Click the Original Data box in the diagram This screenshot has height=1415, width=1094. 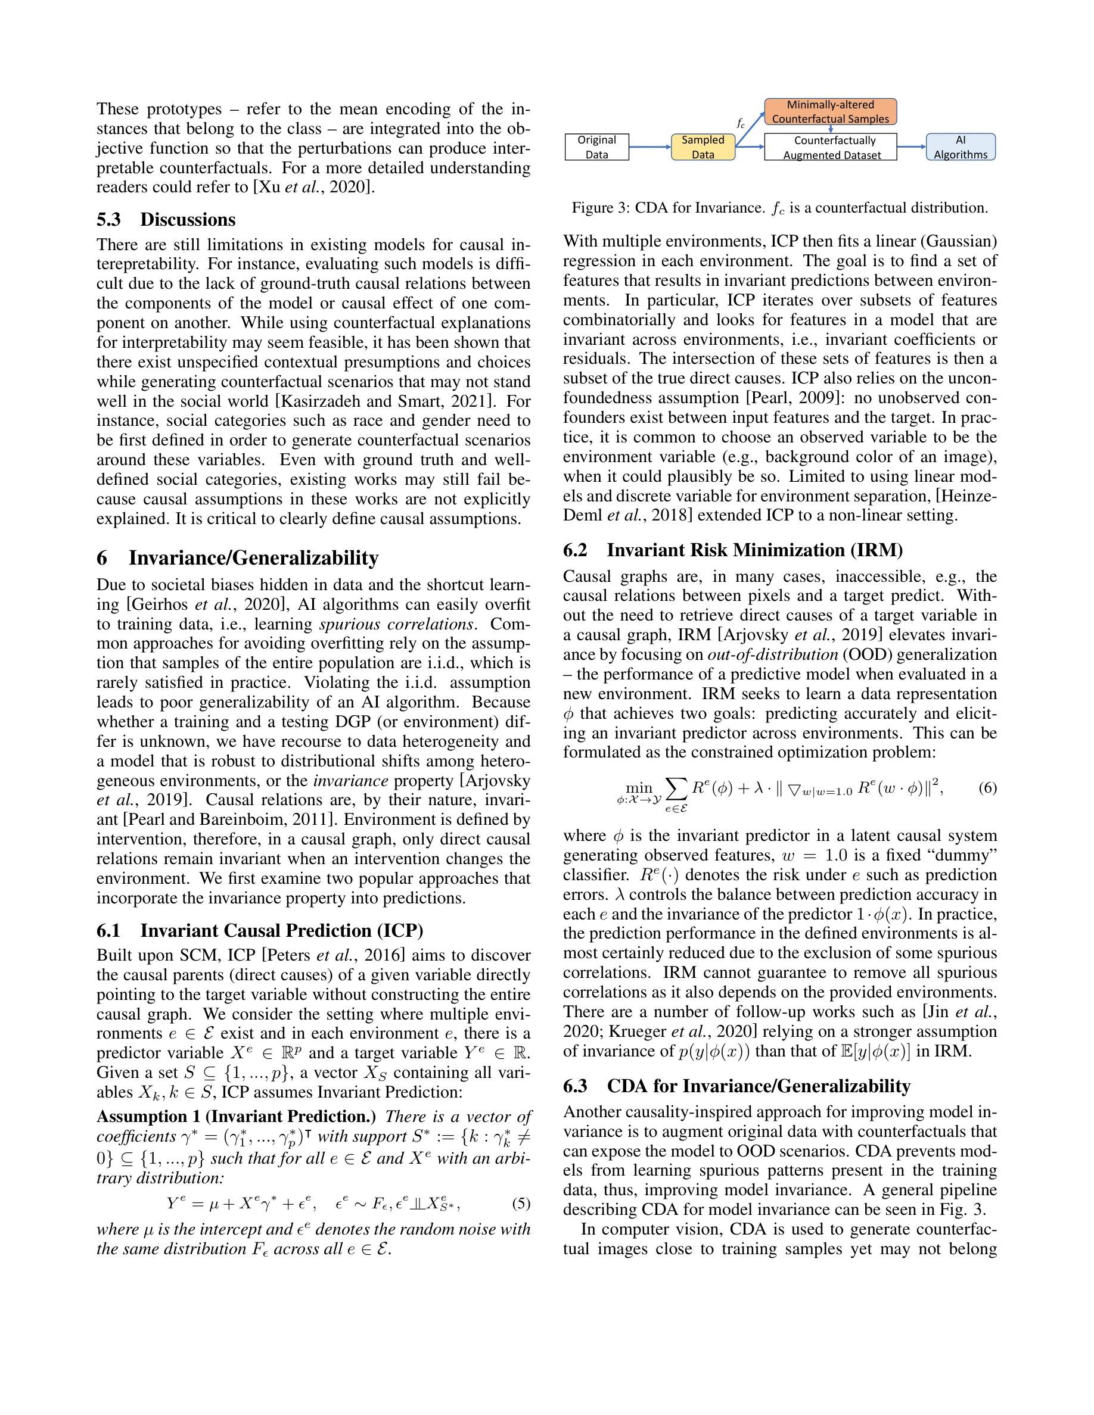pyautogui.click(x=596, y=147)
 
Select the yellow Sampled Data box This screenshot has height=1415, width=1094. pyautogui.click(x=703, y=147)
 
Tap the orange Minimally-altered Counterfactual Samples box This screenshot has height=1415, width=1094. pyautogui.click(x=830, y=111)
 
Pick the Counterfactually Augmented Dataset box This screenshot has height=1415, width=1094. pyautogui.click(x=831, y=147)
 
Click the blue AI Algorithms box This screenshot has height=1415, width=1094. pyautogui.click(x=960, y=147)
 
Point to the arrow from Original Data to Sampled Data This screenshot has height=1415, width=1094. pyautogui.click(x=649, y=147)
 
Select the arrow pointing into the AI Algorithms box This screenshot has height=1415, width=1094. pyautogui.click(x=911, y=147)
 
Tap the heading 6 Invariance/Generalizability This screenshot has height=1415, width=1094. pyautogui.click(x=237, y=558)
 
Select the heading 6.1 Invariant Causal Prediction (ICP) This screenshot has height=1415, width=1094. pyautogui.click(x=259, y=930)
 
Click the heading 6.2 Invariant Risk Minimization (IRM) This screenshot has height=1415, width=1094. pyautogui.click(x=732, y=550)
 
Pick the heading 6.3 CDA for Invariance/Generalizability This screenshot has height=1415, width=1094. pyautogui.click(x=736, y=1086)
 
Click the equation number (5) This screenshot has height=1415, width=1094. pyautogui.click(x=521, y=1204)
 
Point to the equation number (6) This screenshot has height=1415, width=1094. pyautogui.click(x=987, y=788)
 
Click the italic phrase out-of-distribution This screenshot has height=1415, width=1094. pyautogui.click(x=773, y=654)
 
